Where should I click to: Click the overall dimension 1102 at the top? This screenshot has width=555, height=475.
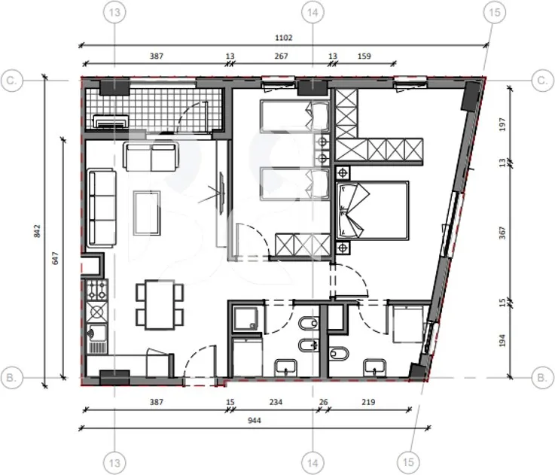[x=283, y=38]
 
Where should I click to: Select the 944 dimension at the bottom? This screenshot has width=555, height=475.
[x=254, y=421]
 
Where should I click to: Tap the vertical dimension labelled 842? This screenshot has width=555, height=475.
[x=37, y=231]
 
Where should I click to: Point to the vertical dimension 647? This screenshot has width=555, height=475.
[x=55, y=258]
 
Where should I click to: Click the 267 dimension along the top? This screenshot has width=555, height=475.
[x=281, y=56]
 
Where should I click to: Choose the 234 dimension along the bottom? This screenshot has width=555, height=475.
[x=276, y=402]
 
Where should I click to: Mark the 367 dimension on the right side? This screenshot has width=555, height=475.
[x=502, y=233]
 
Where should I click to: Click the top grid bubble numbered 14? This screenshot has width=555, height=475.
[x=313, y=12]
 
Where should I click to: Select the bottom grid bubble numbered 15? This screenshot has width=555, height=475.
[x=408, y=462]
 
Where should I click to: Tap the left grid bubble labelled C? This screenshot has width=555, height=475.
[x=12, y=81]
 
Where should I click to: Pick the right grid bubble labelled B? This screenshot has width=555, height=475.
[x=542, y=377]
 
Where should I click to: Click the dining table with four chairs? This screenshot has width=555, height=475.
[x=160, y=304]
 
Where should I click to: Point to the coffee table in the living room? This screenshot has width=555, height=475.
[x=147, y=213]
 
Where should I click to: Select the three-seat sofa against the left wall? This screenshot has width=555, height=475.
[x=102, y=208]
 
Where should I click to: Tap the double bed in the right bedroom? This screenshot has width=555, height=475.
[x=372, y=210]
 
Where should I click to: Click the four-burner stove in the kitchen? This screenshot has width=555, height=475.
[x=97, y=290]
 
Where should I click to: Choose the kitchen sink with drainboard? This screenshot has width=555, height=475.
[x=96, y=339]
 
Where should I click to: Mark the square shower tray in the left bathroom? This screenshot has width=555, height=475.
[x=246, y=318]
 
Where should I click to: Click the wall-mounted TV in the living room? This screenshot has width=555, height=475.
[x=221, y=193]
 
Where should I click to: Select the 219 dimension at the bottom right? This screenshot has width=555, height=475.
[x=368, y=402]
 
